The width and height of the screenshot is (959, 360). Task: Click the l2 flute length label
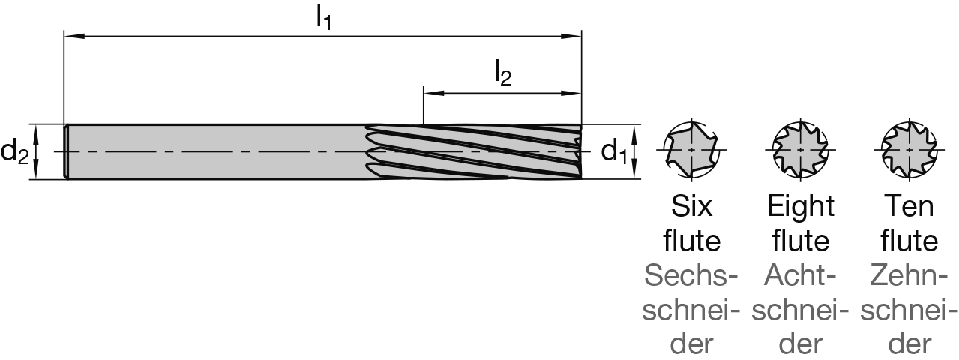click(502, 74)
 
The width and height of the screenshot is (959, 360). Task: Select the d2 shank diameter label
click(14, 152)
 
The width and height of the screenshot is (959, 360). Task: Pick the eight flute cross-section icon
click(800, 150)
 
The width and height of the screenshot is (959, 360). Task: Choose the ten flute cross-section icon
click(909, 150)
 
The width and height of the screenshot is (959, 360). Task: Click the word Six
click(691, 206)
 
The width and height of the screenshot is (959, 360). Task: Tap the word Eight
click(800, 206)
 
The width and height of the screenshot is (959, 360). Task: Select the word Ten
click(909, 206)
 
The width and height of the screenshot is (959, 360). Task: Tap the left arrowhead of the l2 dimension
click(429, 94)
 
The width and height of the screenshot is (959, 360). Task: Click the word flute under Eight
click(800, 241)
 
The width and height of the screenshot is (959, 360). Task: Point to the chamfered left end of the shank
click(67, 151)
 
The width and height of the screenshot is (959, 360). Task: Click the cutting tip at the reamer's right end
click(579, 152)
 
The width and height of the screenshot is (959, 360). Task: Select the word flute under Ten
click(909, 241)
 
